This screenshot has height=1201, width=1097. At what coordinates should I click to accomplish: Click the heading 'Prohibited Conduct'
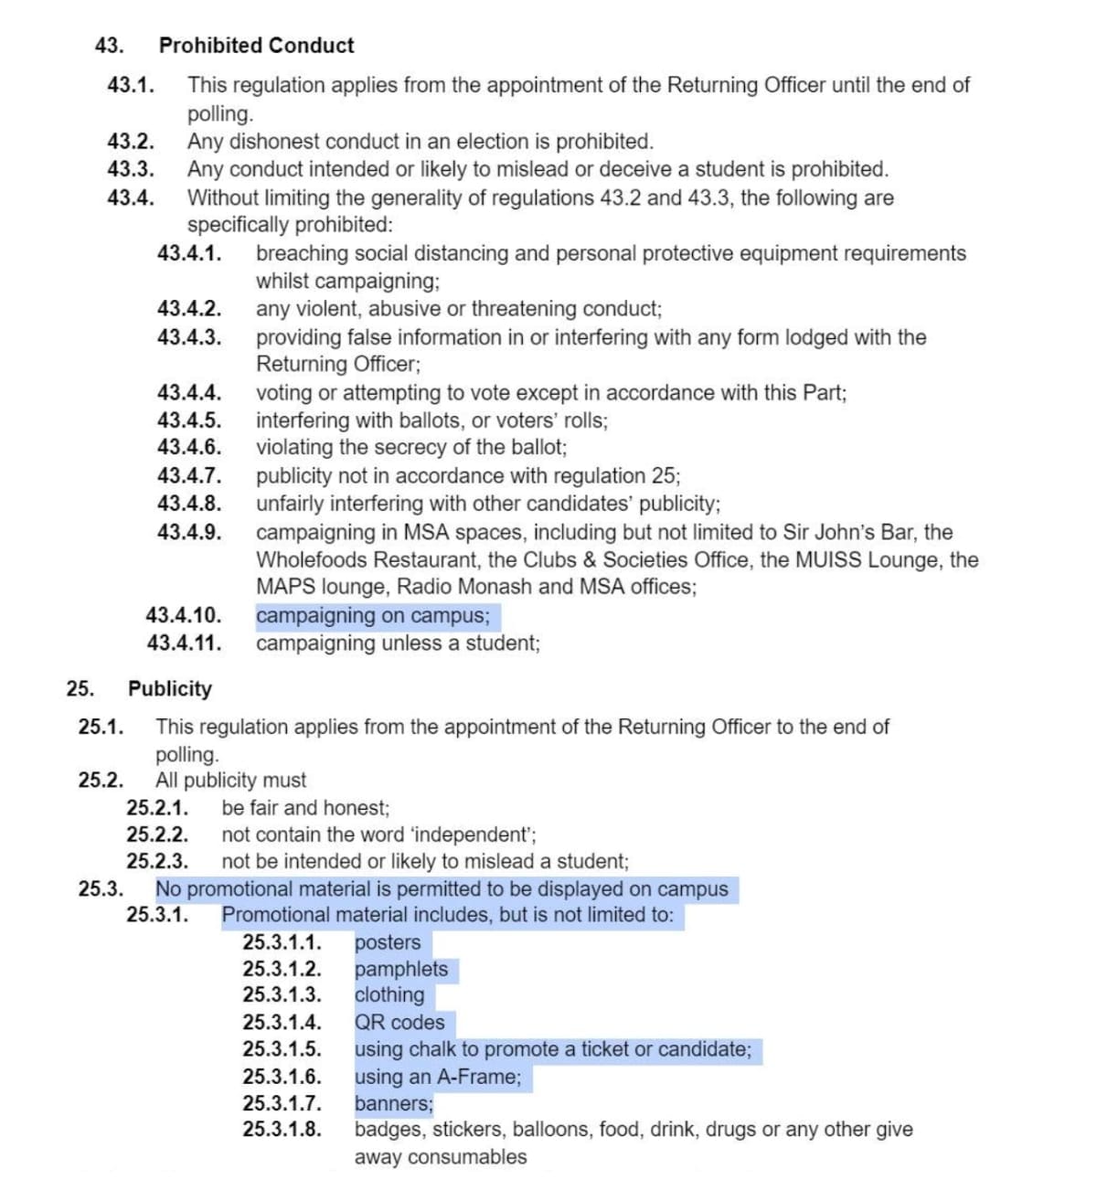[x=256, y=46]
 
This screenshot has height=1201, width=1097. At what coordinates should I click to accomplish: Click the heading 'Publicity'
[x=169, y=688]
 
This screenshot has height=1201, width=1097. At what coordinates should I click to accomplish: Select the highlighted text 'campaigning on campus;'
[x=373, y=616]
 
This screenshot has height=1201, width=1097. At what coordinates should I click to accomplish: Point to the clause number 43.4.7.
[x=188, y=475]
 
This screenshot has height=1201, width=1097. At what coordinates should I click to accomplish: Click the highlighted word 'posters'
[x=388, y=942]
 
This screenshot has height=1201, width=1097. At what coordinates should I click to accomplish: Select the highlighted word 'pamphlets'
[x=401, y=969]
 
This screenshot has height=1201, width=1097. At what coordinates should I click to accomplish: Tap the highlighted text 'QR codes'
[x=399, y=1022]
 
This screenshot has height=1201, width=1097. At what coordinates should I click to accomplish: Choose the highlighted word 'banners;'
[x=394, y=1103]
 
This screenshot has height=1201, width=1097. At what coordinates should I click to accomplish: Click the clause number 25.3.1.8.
[x=282, y=1130]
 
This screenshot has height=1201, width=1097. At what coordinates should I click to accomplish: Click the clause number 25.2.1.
[x=157, y=808]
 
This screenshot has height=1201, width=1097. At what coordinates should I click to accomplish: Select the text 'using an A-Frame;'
[x=438, y=1077]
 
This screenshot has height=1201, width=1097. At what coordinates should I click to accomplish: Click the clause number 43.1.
[x=130, y=85]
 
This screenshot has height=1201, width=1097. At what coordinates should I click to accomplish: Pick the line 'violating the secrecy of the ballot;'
[x=411, y=448]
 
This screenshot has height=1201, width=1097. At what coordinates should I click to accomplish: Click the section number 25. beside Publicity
[x=80, y=688]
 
